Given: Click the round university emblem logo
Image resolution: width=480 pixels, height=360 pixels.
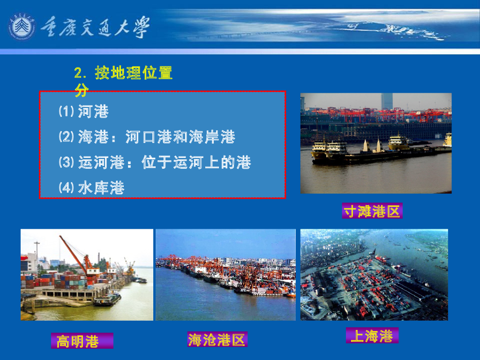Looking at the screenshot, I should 22,27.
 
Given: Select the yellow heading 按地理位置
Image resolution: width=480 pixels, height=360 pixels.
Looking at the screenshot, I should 134,73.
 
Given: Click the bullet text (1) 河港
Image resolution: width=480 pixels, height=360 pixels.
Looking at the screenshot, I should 84,112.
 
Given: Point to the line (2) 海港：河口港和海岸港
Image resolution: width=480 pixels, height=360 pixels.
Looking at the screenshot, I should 147,137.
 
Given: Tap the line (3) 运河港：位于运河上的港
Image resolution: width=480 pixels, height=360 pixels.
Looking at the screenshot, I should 155,163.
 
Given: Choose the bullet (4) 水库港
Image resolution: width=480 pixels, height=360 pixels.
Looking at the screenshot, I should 91,188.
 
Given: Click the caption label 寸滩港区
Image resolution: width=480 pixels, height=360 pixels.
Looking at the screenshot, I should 372,211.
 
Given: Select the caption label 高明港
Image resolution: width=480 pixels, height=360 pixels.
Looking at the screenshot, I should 78,341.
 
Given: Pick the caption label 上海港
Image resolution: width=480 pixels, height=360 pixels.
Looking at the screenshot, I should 372,336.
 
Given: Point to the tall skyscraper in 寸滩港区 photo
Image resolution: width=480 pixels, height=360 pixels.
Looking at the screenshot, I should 387,101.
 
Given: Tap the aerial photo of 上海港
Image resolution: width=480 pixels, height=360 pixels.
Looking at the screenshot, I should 374,275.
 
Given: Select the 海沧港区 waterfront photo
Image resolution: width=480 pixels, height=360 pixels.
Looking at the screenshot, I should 225,275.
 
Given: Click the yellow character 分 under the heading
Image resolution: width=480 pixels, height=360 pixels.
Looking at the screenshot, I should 82,90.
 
